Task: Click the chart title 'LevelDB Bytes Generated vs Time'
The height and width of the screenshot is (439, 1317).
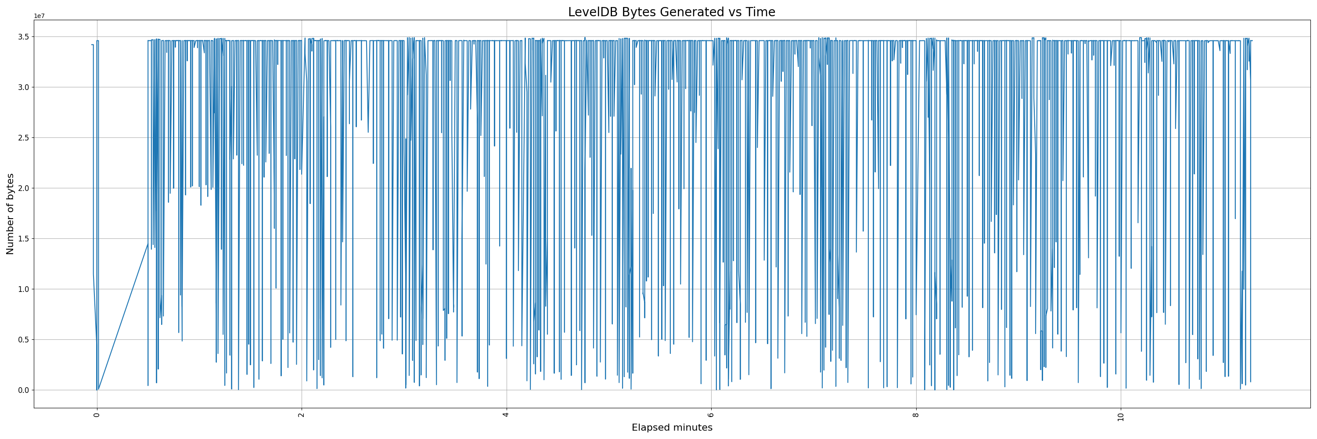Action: [x=671, y=12]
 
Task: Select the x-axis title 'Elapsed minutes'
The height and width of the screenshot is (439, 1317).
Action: [x=672, y=428]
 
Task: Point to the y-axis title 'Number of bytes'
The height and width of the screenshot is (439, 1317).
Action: [x=10, y=214]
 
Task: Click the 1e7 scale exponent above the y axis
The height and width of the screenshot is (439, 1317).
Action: [x=39, y=16]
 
